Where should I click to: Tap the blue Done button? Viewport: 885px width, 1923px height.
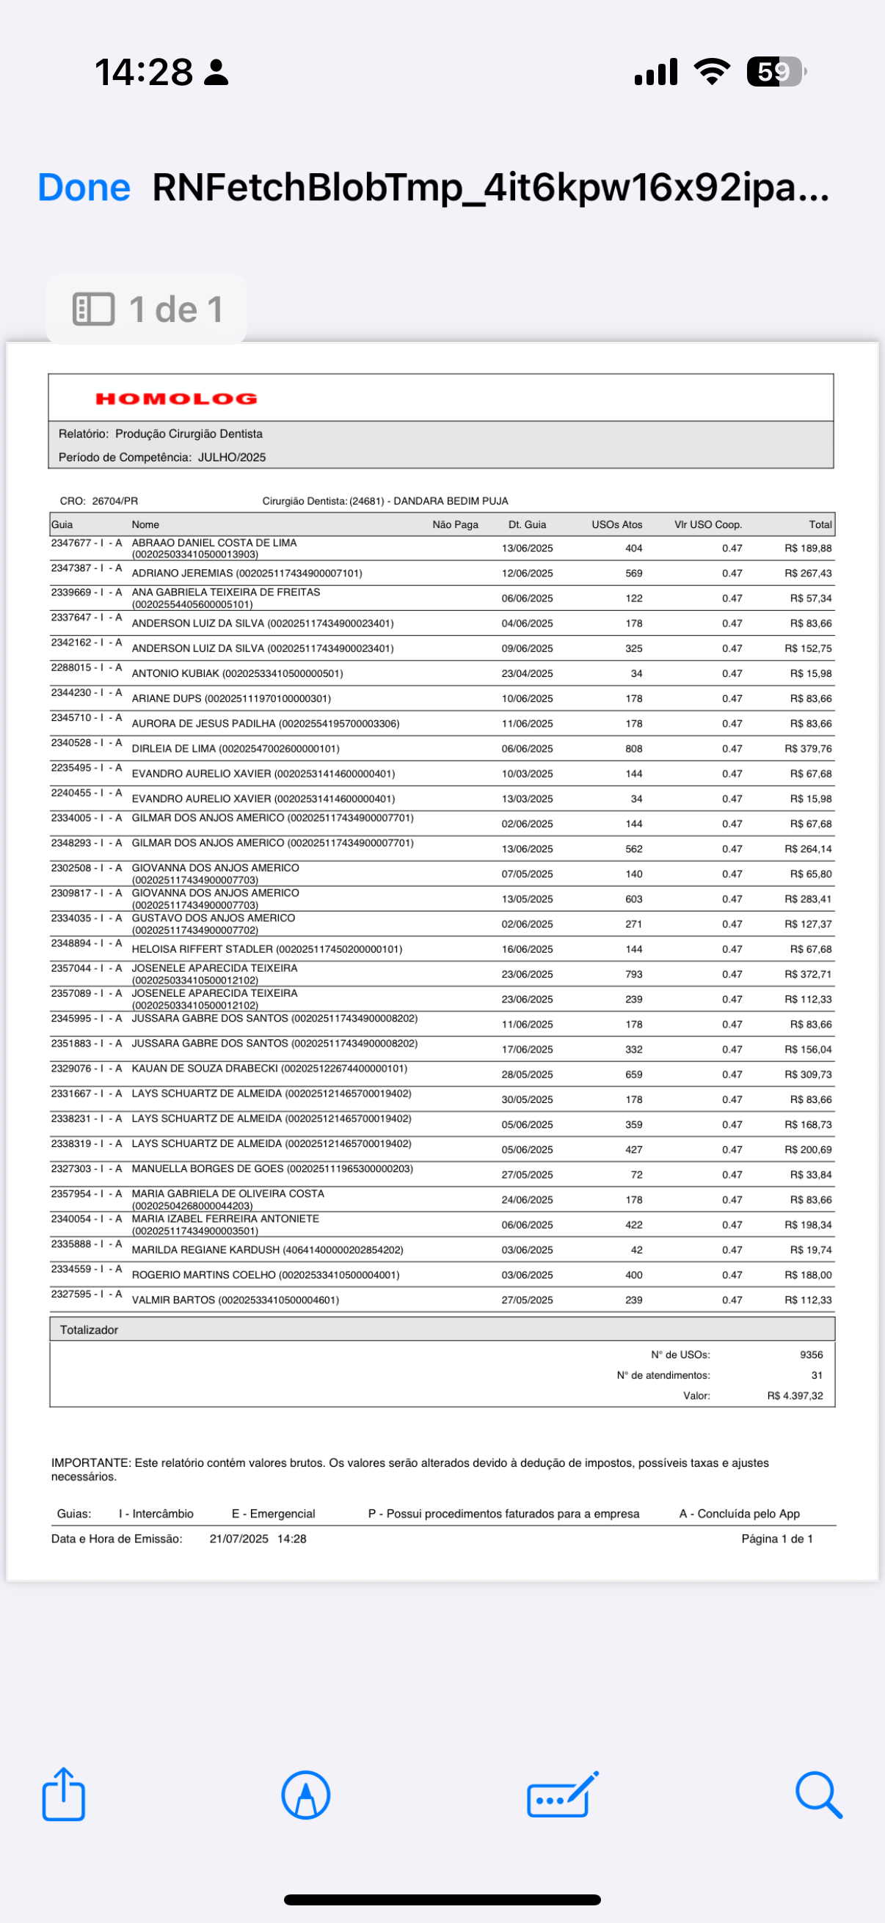coord(84,187)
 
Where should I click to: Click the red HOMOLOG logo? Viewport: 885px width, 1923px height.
coord(176,399)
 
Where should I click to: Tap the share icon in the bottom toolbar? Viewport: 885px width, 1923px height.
coord(64,1794)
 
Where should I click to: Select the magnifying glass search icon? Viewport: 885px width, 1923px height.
coord(818,1794)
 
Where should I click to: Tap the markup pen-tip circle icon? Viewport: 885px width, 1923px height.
coord(305,1795)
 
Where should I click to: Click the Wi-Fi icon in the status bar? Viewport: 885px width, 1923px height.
coord(712,72)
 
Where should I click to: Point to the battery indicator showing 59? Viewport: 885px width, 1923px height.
coord(776,72)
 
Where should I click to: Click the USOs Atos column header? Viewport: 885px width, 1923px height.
coord(616,525)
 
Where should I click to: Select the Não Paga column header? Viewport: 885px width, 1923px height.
coord(455,525)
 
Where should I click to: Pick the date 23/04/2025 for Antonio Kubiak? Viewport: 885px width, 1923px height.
coord(528,673)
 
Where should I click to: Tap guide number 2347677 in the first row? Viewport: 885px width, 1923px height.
coord(71,543)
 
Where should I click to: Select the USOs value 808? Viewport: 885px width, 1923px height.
coord(633,749)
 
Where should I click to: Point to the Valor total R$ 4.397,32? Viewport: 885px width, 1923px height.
coord(795,1396)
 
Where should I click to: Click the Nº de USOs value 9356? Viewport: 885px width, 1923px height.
coord(811,1355)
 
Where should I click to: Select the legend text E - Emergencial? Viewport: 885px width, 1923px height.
coord(273,1514)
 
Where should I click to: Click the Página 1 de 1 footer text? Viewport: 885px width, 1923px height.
coord(776,1539)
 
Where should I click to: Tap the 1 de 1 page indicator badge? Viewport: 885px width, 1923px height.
coord(147,309)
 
